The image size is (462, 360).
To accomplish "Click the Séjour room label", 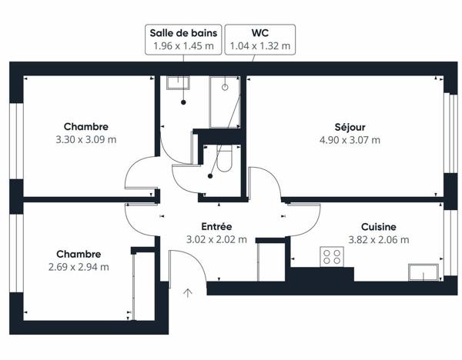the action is tap(350, 127).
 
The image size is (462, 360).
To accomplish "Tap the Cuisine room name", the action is tap(379, 227).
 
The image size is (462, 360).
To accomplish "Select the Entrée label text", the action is tap(216, 226).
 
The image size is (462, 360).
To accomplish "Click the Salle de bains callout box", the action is tap(183, 39).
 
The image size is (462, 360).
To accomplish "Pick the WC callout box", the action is tap(260, 39).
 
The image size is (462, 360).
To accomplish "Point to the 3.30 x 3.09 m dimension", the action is tap(86, 139).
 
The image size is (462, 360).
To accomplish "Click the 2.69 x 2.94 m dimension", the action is tap(79, 267).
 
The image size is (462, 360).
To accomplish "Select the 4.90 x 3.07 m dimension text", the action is tap(350, 140).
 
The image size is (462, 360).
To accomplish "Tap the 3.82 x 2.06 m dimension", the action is tap(379, 240).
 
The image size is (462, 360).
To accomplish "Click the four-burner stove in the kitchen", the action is tap(332, 257).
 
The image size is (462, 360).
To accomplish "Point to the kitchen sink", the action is tap(423, 272).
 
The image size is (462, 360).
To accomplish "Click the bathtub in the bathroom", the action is tap(225, 102).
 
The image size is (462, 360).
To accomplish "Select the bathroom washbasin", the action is tap(178, 83).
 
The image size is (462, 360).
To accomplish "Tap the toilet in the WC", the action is tap(225, 158).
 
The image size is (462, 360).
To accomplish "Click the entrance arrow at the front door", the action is tap(188, 293).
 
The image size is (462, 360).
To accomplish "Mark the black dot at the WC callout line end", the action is tap(210, 176).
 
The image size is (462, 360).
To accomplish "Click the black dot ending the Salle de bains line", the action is tap(183, 102).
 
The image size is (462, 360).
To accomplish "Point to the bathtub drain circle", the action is tap(225, 87).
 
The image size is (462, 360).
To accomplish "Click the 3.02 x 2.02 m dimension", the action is tap(216, 239).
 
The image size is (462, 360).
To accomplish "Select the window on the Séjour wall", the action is tap(450, 133).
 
